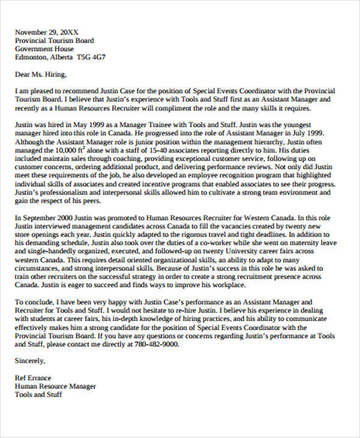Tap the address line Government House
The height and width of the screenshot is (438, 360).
[x=44, y=49]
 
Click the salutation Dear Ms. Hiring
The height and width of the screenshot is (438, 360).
[x=41, y=75]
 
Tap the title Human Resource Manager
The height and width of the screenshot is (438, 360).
[x=55, y=387]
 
